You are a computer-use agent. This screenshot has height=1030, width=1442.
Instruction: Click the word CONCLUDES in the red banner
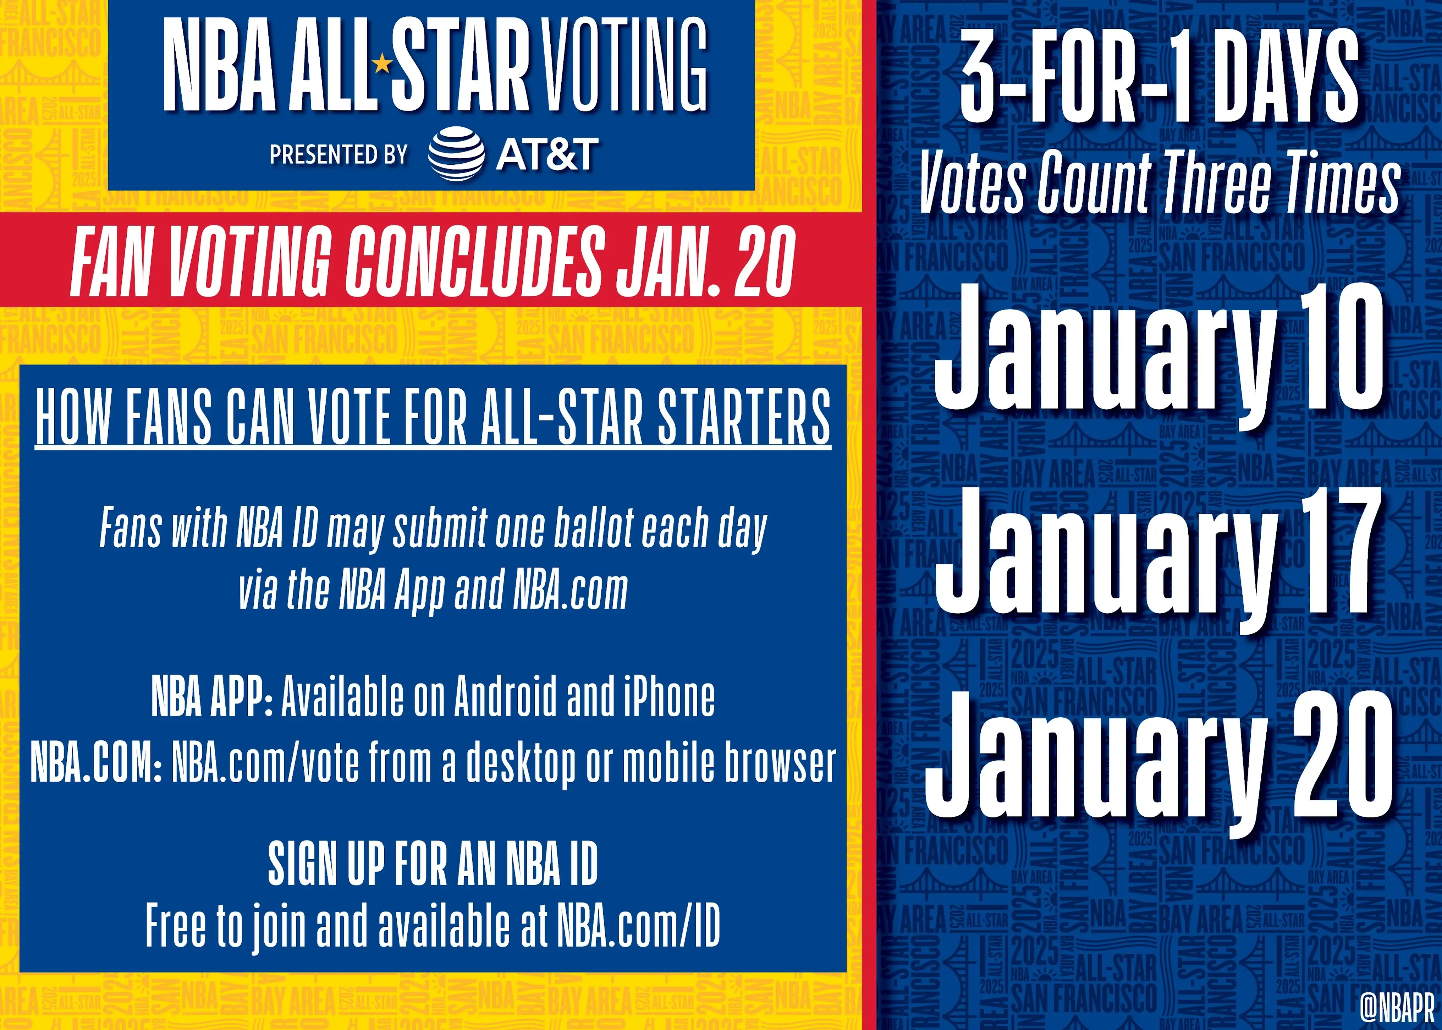(x=472, y=262)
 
